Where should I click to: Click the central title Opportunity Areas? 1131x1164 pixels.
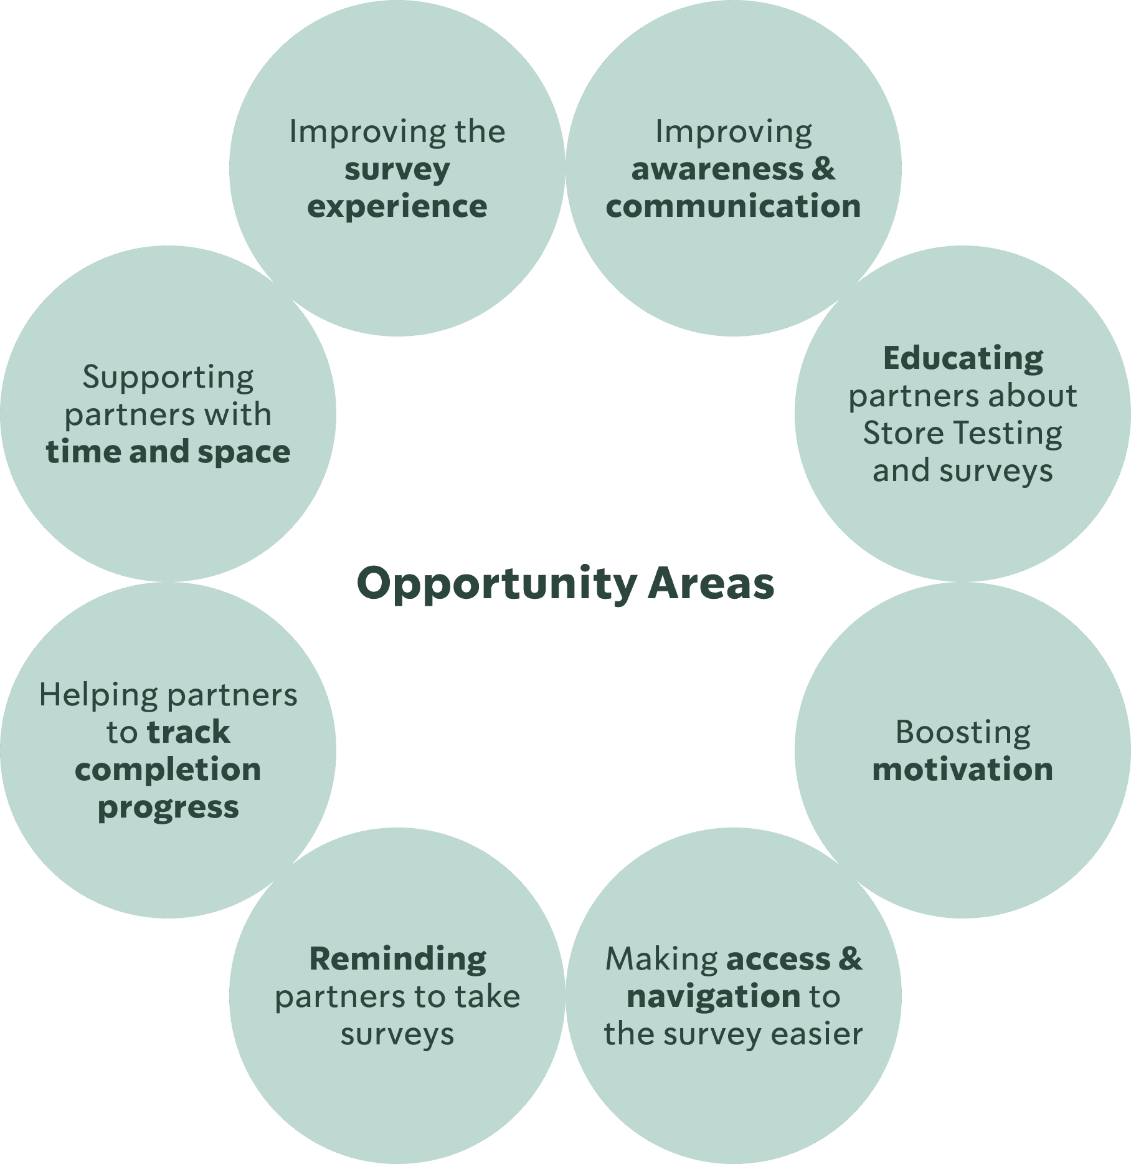(565, 584)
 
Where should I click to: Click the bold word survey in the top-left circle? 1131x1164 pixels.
(397, 169)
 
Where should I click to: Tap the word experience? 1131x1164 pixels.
(397, 206)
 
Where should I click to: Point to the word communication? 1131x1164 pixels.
(733, 206)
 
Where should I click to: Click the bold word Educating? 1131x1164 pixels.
(963, 358)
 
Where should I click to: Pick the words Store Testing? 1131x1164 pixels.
(963, 433)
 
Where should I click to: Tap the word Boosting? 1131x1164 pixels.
(963, 732)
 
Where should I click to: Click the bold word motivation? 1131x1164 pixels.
(963, 770)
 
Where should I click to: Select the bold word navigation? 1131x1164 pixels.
(713, 996)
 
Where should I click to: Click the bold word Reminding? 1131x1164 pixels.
(397, 959)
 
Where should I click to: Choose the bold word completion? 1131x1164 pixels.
(168, 770)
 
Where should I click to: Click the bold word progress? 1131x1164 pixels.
(168, 808)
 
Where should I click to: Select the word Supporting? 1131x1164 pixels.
(168, 377)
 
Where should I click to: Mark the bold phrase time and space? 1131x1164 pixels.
(168, 452)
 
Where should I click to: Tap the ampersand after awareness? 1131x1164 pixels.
(823, 169)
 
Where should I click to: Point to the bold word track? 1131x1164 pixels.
(189, 732)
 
